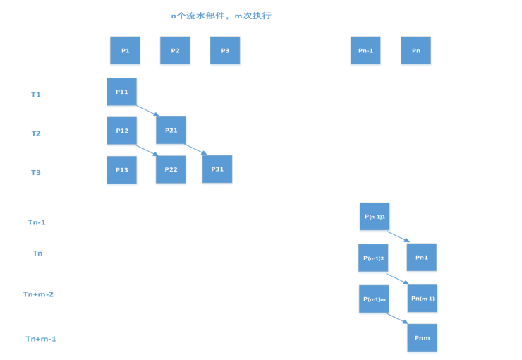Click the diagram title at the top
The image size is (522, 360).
click(x=221, y=16)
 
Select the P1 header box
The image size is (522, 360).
click(x=125, y=51)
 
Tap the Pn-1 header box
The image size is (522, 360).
click(x=365, y=51)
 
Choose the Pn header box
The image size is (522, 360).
click(x=415, y=51)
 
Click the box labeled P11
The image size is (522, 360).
click(x=121, y=92)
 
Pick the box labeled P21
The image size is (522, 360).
click(x=171, y=131)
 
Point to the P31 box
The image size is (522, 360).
click(x=217, y=169)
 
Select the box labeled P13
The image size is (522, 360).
click(x=121, y=170)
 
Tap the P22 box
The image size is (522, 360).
click(x=171, y=169)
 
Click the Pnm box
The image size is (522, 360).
click(x=422, y=338)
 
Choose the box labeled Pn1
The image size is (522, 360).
click(x=422, y=258)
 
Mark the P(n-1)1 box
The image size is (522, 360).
click(x=375, y=217)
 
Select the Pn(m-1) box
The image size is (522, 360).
click(x=422, y=299)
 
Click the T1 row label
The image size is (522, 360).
click(x=36, y=95)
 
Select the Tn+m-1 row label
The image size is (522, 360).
click(x=41, y=339)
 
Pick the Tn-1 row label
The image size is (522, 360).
click(x=37, y=222)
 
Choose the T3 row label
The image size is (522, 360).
click(x=36, y=173)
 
